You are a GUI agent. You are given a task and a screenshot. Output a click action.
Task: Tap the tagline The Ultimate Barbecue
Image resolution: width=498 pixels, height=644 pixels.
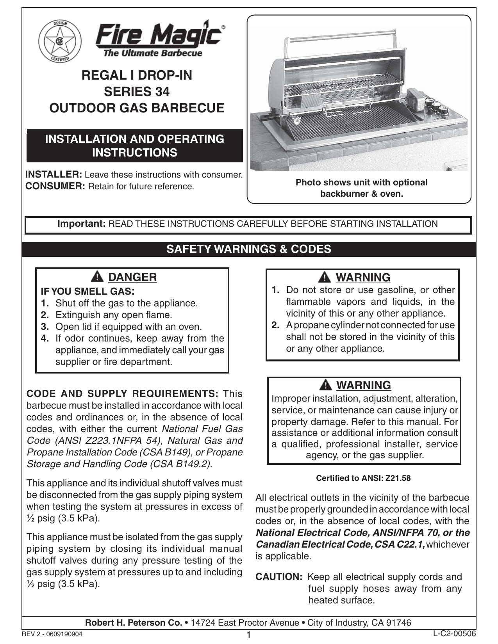pyautogui.click(x=153, y=53)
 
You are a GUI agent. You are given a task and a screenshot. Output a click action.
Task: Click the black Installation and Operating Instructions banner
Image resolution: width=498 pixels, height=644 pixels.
pyautogui.click(x=135, y=146)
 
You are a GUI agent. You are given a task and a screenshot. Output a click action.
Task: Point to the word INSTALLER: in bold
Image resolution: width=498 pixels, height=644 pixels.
pyautogui.click(x=54, y=174)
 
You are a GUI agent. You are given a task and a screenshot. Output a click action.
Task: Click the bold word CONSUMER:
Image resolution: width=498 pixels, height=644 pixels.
pyautogui.click(x=55, y=186)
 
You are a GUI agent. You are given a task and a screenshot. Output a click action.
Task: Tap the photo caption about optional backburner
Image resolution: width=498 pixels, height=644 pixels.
pyautogui.click(x=361, y=188)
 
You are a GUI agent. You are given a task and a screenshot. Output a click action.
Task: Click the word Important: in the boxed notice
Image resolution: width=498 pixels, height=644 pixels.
pyautogui.click(x=82, y=224)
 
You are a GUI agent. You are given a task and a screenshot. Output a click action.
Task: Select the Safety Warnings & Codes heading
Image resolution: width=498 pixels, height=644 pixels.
pyautogui.click(x=249, y=249)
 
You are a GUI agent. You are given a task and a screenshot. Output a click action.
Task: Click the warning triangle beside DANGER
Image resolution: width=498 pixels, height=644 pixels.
pyautogui.click(x=97, y=277)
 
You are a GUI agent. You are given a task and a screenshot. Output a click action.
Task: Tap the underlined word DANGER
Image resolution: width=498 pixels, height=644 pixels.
pyautogui.click(x=132, y=277)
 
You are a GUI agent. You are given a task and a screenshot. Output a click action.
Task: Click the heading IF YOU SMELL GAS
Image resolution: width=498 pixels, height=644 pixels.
pyautogui.click(x=88, y=291)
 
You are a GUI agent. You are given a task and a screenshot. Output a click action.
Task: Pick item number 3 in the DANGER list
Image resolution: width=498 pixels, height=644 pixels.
pyautogui.click(x=45, y=327)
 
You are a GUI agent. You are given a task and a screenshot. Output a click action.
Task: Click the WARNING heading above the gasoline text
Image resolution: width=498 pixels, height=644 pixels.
pyautogui.click(x=363, y=278)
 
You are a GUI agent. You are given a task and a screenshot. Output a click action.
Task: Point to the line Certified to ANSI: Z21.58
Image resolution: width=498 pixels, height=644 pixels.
pyautogui.click(x=363, y=478)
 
